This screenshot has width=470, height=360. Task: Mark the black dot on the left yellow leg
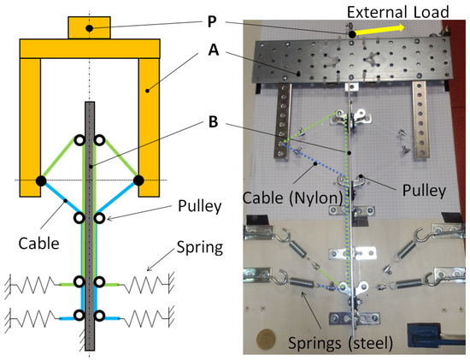pos(39,180)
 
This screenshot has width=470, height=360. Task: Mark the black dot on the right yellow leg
pos(138,180)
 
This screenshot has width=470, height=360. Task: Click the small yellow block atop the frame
pos(89,27)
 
